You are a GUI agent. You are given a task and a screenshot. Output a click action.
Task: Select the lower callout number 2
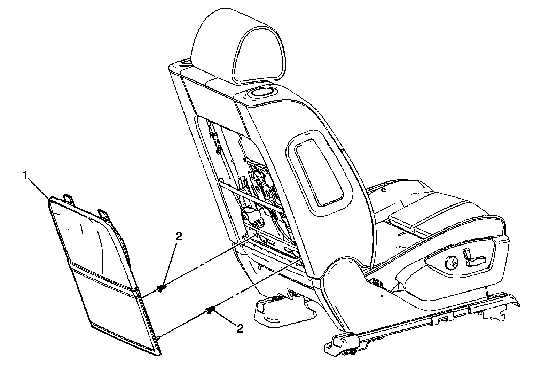239,328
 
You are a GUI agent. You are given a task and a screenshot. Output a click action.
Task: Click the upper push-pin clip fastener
161,288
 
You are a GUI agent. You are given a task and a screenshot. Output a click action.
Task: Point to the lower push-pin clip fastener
210,310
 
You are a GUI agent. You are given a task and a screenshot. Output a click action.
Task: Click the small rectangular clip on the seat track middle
442,318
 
